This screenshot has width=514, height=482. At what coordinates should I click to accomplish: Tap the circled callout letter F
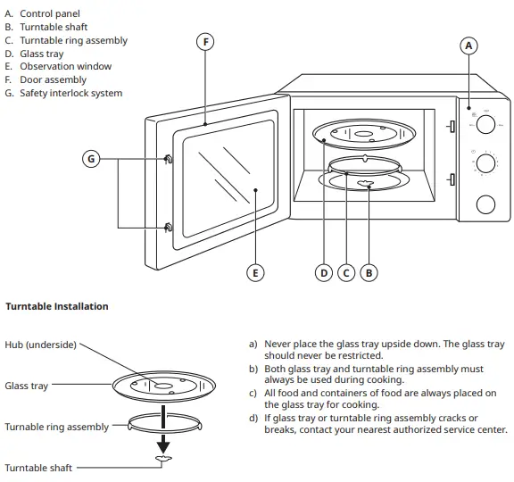coord(205,42)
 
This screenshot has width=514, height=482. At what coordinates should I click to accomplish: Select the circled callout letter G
coord(90,159)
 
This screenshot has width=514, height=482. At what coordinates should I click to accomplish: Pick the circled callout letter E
coord(255,273)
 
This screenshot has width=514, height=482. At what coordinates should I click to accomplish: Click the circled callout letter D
coord(325,273)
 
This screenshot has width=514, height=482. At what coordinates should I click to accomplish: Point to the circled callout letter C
coord(346,273)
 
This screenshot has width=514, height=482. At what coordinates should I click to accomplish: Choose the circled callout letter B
coord(369,273)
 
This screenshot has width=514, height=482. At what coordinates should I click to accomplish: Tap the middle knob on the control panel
coord(485,164)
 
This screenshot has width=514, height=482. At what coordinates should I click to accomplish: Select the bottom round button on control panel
coord(485,204)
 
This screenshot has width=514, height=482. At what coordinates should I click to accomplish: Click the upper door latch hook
coord(167,159)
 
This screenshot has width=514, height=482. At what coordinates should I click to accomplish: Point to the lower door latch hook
coord(167,227)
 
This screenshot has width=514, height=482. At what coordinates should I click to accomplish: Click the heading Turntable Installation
coord(57,306)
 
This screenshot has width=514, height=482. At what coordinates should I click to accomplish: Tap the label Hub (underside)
coord(41,345)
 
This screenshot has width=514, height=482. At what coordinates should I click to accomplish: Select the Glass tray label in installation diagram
coord(27,386)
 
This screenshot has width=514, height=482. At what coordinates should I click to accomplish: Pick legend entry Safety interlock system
coord(70,93)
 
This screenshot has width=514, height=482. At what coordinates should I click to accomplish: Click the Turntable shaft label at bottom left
coord(38,468)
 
